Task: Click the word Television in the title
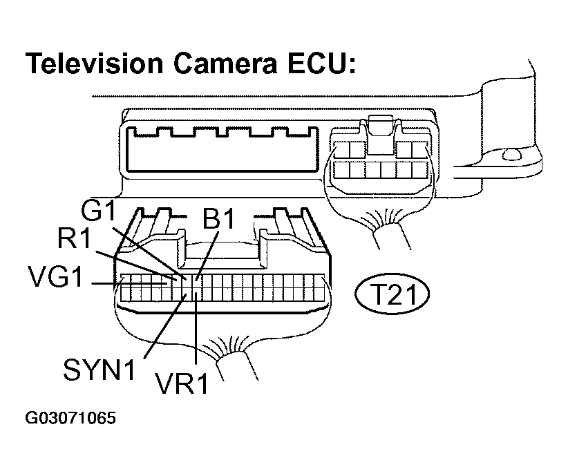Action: pyautogui.click(x=94, y=63)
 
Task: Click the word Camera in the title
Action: pyautogui.click(x=225, y=64)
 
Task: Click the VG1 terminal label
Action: pyautogui.click(x=56, y=277)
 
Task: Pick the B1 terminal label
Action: pyautogui.click(x=219, y=218)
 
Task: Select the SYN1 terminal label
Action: pyautogui.click(x=100, y=369)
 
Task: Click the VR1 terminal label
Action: pyautogui.click(x=182, y=383)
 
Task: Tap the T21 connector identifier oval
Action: pyautogui.click(x=392, y=294)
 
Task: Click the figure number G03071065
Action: pyautogui.click(x=70, y=418)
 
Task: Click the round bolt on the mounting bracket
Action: pyautogui.click(x=511, y=155)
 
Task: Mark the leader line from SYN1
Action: pyautogui.click(x=165, y=326)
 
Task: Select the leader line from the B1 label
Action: pyautogui.click(x=207, y=256)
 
